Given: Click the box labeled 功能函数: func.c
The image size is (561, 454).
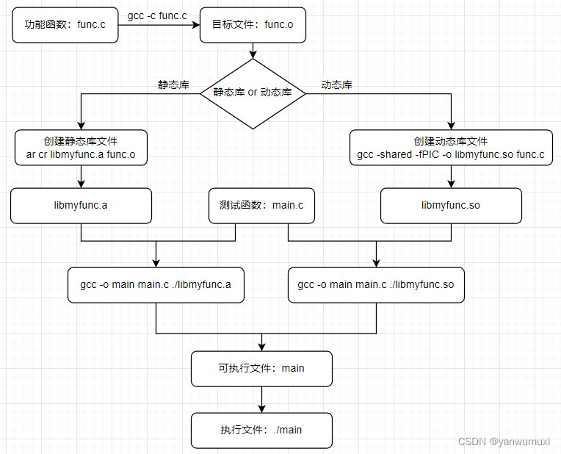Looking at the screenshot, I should coord(65,25).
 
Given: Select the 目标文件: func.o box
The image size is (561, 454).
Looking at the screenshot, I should coord(253,25).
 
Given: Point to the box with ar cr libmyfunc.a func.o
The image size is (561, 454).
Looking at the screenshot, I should coord(81,148).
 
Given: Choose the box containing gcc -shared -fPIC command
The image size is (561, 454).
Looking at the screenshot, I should coord(451,148).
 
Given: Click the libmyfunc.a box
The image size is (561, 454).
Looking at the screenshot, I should coord(81,205).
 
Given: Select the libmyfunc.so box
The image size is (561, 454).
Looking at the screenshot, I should coord(451,205).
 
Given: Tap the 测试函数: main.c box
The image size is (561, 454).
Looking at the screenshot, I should coord(261,205).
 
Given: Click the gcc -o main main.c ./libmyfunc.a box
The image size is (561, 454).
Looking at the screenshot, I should coord(156,284).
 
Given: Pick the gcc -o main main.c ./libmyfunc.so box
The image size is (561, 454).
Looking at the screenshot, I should coord(376,284).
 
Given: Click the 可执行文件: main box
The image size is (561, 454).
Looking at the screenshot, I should coord(261,368).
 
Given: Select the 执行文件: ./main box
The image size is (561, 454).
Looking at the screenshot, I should coord(261,430).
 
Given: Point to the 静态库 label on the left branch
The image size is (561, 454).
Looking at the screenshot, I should coord(173,85).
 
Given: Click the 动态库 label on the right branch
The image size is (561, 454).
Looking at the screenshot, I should coord(336,85).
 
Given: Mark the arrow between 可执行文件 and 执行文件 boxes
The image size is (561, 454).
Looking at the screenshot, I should coord(261,399).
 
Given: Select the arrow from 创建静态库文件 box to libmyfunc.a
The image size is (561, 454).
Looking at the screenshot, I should coord(81,176).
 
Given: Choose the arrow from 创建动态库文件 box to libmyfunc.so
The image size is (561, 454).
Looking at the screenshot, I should coord(451,176).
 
